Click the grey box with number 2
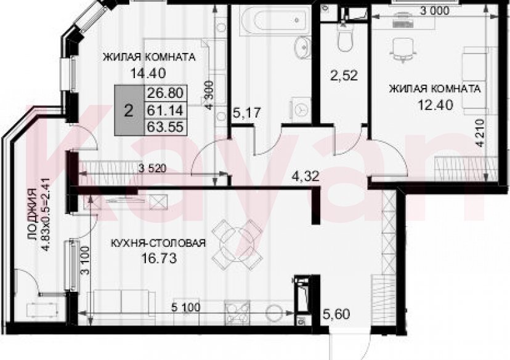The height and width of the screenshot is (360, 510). pos(128,111)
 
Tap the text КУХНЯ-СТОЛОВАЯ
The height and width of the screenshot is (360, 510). pos(158,243)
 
